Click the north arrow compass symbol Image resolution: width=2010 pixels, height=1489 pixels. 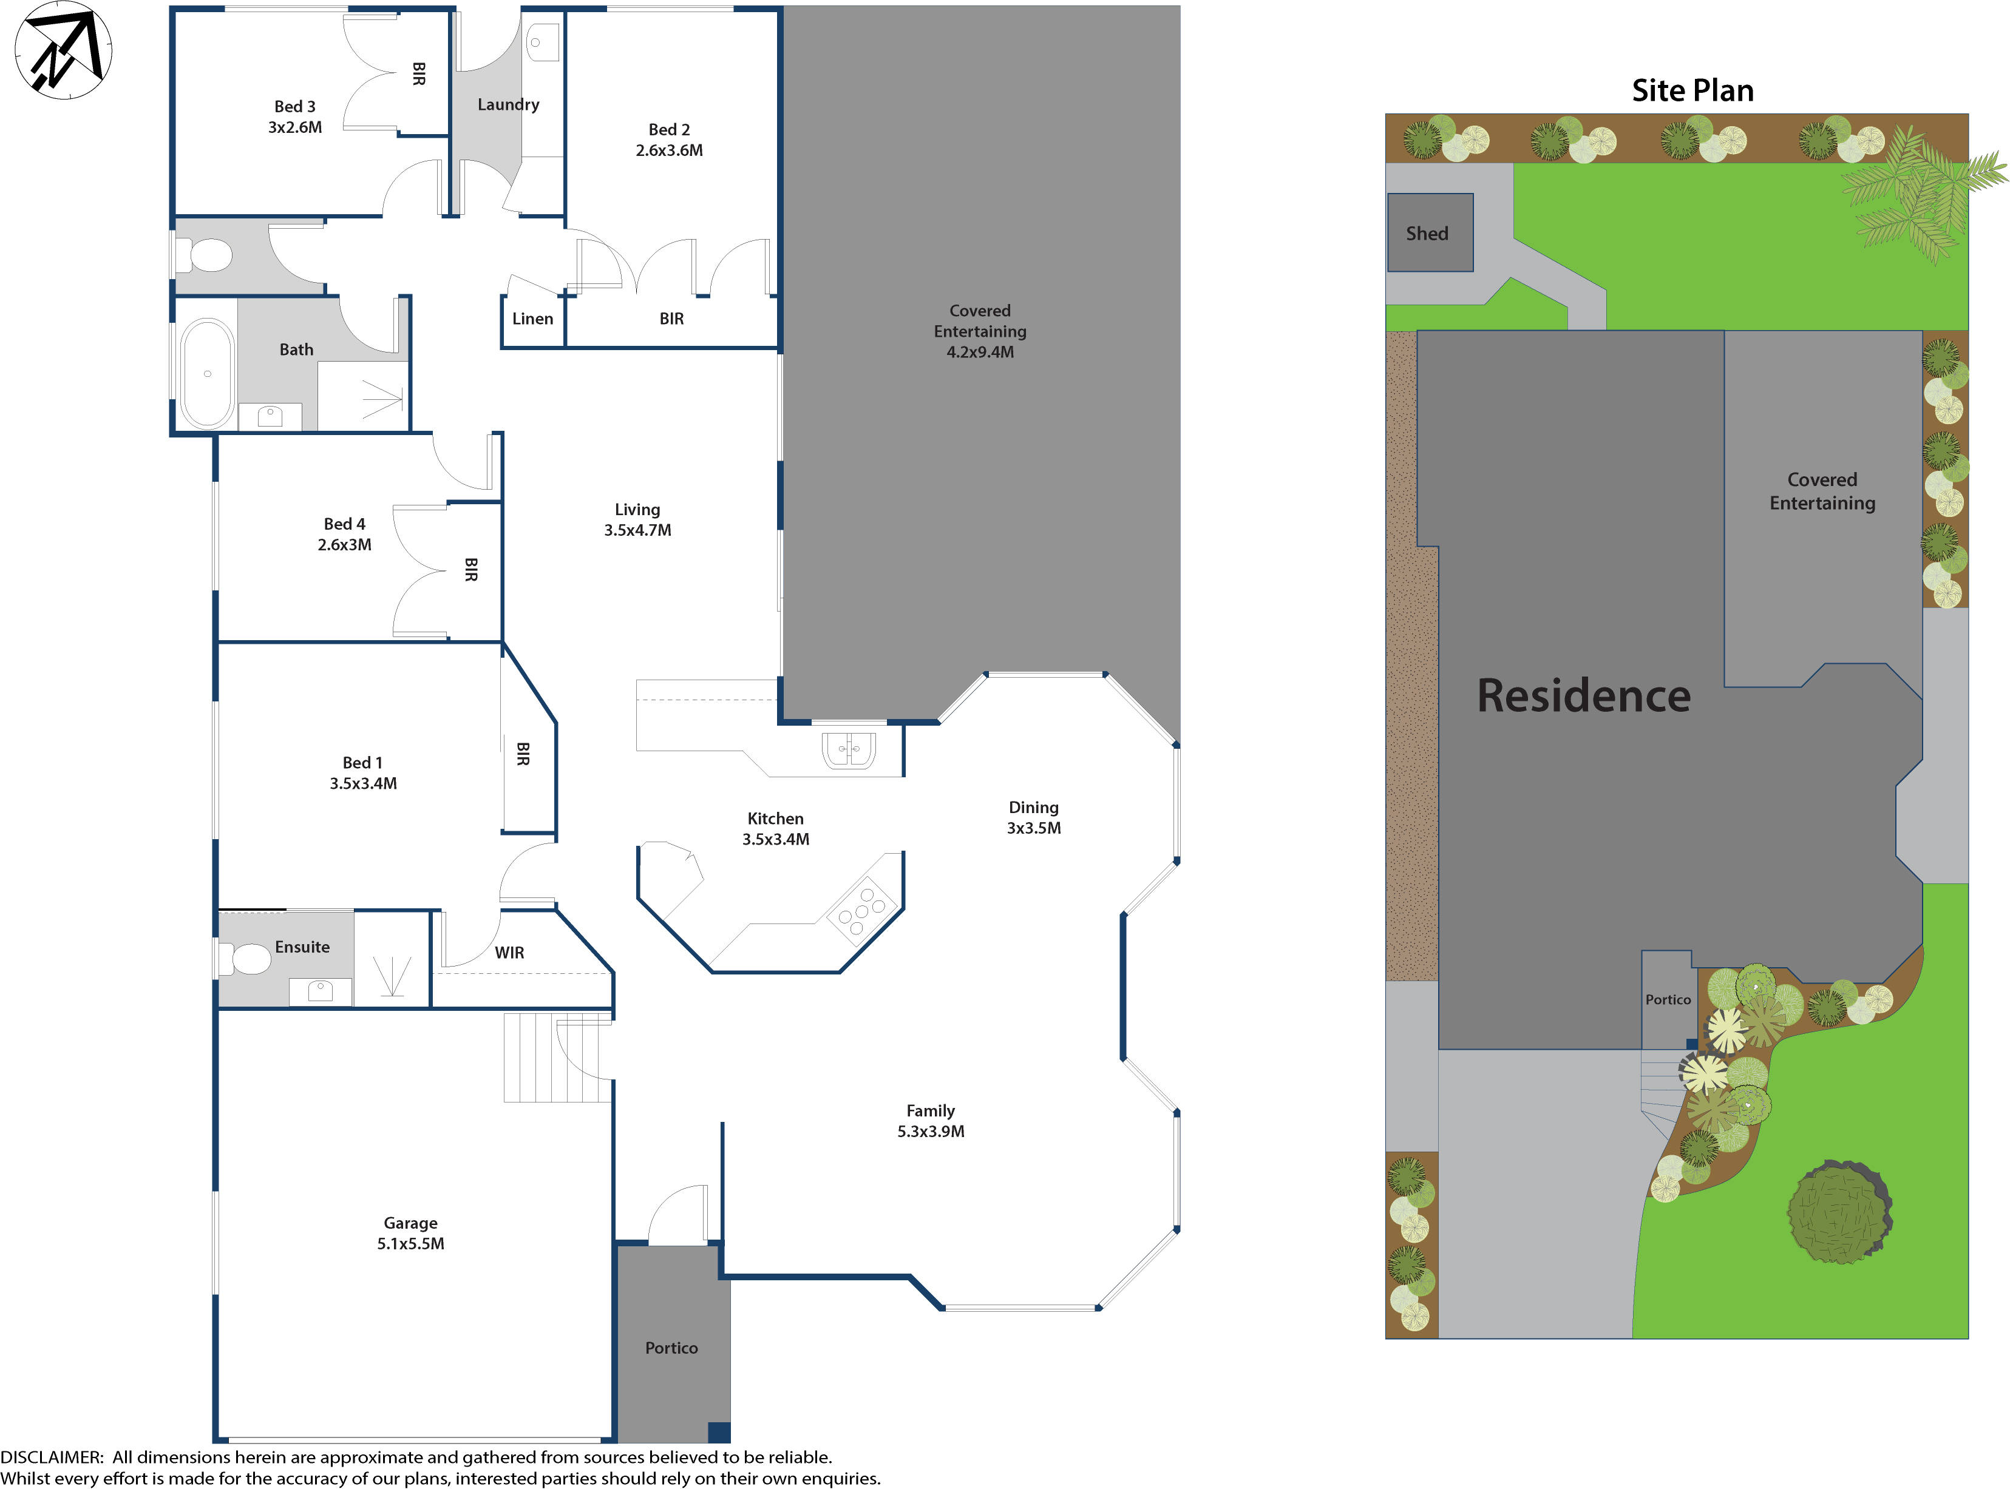tap(63, 50)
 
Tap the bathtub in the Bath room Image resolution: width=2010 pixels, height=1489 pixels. tap(208, 373)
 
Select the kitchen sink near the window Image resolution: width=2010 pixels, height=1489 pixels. tap(849, 750)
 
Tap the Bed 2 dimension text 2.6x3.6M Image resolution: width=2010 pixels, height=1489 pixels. tap(669, 150)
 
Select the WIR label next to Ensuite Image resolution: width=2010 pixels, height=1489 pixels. tap(509, 953)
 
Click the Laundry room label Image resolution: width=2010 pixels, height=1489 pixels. tap(508, 104)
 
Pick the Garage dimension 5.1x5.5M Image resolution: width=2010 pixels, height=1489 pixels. tap(410, 1244)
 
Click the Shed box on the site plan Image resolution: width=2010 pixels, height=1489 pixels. tap(1429, 232)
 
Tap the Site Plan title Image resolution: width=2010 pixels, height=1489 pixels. tap(1692, 90)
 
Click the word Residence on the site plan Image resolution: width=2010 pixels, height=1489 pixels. tap(1583, 696)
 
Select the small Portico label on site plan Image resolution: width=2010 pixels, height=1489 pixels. tap(1668, 999)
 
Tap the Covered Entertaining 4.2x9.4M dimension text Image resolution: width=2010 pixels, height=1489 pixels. tap(979, 353)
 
